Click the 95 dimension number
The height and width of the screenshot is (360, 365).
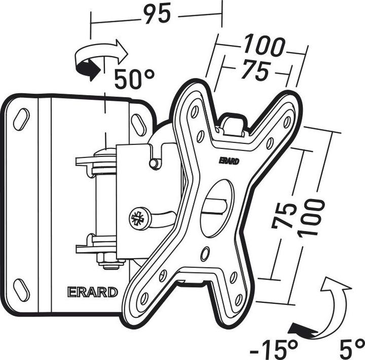(x=157, y=14)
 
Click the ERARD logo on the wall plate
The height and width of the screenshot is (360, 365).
(x=92, y=292)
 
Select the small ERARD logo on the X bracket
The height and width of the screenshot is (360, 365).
(x=229, y=161)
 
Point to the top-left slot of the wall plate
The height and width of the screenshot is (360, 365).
(x=21, y=119)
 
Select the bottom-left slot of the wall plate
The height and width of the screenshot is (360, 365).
(x=21, y=290)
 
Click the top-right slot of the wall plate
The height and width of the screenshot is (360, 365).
(x=139, y=125)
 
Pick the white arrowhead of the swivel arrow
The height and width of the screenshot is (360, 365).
(x=121, y=52)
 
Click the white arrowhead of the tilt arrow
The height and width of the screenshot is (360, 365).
(x=335, y=284)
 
